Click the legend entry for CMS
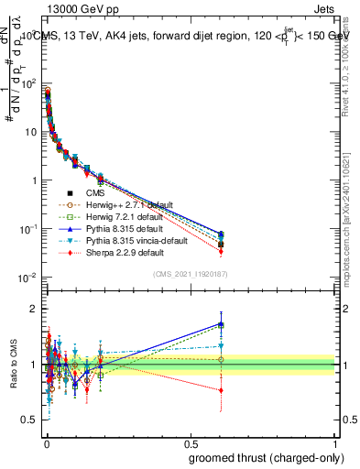95,193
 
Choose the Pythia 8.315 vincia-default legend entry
129,241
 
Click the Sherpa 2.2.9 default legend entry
120,253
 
